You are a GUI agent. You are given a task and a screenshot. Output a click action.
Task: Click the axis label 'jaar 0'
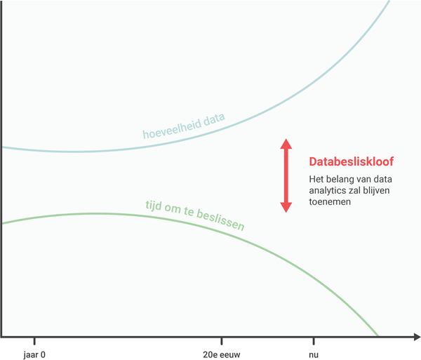tap(34, 354)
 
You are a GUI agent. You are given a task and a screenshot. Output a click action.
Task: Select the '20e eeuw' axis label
tap(221, 354)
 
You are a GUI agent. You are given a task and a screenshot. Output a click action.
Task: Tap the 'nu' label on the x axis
tap(313, 354)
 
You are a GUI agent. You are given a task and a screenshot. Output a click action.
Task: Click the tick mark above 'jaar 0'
tap(34, 341)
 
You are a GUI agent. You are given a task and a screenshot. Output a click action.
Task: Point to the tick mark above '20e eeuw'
tap(222, 341)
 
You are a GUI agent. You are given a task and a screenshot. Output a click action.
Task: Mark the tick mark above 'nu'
tap(313, 341)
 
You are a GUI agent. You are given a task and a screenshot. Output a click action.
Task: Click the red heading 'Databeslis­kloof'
tap(352, 161)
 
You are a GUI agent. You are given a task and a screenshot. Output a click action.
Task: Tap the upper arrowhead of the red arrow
tap(286, 144)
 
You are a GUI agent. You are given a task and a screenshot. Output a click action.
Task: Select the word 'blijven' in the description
tap(377, 190)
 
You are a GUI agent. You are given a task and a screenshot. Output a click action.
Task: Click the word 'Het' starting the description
tap(316, 179)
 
